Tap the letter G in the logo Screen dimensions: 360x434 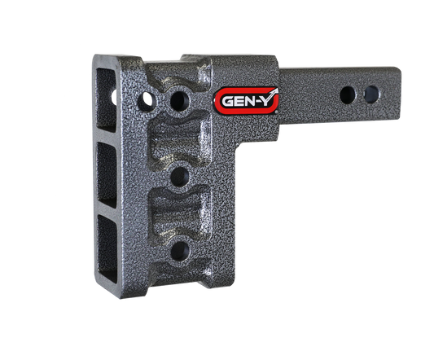pos(226,103)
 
